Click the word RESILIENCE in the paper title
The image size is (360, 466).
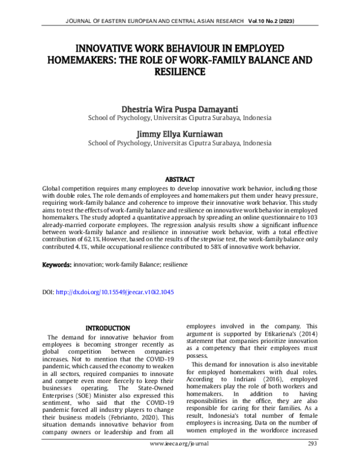click(180, 71)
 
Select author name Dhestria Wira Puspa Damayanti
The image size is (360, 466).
click(179, 109)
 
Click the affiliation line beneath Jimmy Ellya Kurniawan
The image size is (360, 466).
click(179, 144)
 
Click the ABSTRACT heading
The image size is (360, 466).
click(180, 180)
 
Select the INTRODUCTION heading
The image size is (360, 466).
click(107, 328)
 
